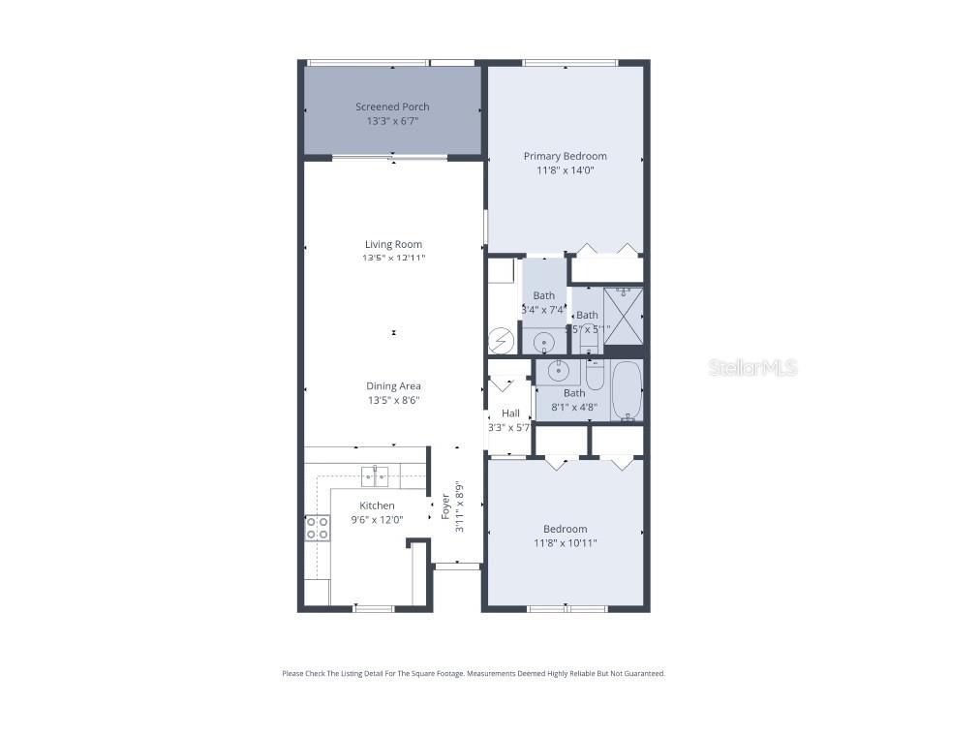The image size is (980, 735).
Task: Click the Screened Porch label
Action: click(392, 107)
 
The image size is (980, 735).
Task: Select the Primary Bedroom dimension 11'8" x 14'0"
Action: click(565, 169)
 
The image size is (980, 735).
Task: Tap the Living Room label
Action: click(393, 244)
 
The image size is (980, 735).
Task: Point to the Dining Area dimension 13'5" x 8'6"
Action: click(393, 400)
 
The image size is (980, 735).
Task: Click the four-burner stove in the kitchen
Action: click(317, 528)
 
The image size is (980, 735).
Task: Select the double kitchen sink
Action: click(376, 475)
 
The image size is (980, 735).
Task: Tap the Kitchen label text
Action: click(377, 505)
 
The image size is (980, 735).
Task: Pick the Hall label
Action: click(510, 413)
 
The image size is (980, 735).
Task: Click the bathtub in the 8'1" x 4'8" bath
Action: click(628, 390)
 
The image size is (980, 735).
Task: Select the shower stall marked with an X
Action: click(624, 316)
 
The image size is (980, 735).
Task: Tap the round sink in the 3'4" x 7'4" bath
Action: click(543, 341)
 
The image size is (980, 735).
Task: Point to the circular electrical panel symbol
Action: click(501, 340)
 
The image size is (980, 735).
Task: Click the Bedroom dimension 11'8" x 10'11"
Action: click(565, 543)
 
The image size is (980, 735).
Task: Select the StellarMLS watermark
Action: click(752, 368)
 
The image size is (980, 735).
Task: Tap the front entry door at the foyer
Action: click(456, 566)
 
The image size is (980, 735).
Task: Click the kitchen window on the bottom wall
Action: click(374, 608)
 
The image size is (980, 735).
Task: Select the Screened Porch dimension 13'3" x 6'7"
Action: click(392, 121)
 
